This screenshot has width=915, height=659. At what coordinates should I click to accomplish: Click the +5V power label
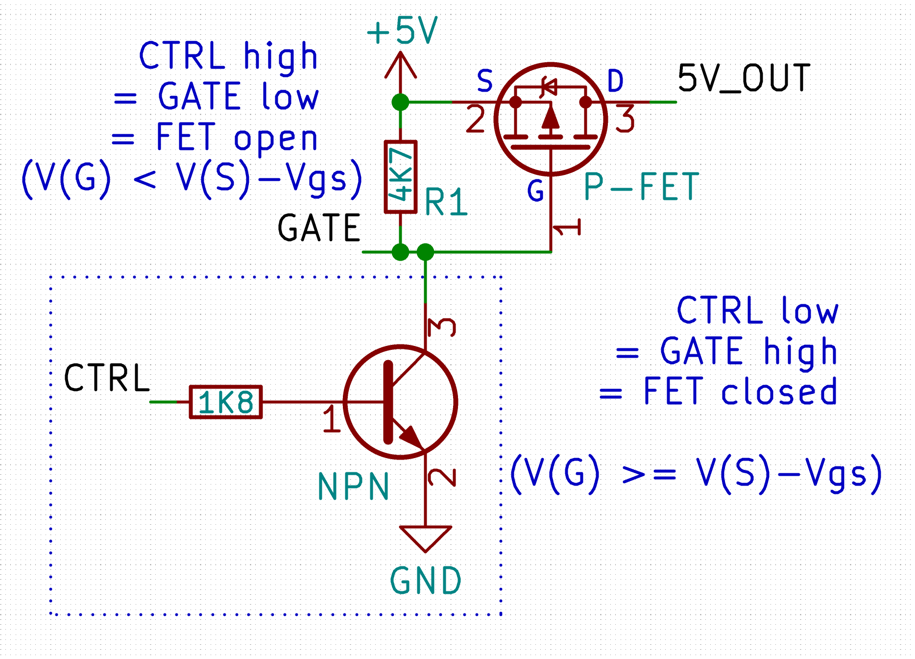point(402,30)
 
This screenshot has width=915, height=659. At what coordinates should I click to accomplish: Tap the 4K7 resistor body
point(401,177)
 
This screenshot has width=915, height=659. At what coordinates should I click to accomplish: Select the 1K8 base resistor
point(226,402)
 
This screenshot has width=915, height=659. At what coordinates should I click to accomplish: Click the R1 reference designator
point(446,202)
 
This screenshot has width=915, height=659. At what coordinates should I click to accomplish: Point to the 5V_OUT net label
point(744,78)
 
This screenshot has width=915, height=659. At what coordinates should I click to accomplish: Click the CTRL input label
point(107,378)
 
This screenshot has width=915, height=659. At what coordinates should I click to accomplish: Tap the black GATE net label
point(319,228)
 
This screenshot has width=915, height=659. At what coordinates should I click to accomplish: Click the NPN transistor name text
point(354,487)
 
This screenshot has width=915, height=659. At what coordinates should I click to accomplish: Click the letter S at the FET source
point(484,81)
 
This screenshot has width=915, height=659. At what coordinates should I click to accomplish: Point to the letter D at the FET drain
point(615,81)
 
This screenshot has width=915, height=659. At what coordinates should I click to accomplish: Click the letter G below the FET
point(535,191)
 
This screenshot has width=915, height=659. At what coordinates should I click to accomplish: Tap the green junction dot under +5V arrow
point(401,102)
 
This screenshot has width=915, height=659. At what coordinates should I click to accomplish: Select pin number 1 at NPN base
point(332,418)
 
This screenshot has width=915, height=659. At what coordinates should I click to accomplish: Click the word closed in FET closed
point(779,392)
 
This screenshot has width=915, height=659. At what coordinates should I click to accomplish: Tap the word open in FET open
point(276,139)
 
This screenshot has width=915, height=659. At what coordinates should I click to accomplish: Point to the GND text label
point(426,581)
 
